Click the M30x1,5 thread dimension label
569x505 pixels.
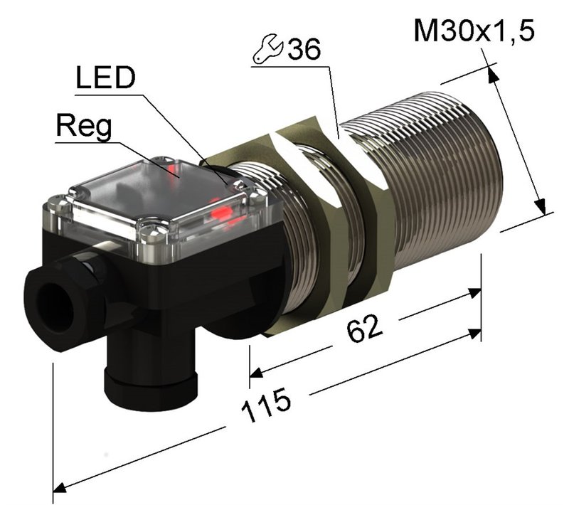(x=474, y=31)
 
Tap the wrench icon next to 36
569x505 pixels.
(x=268, y=49)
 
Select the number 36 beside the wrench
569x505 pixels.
(x=304, y=49)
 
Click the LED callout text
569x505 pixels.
(x=105, y=78)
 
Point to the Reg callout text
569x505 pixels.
(x=84, y=126)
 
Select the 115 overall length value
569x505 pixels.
(x=266, y=405)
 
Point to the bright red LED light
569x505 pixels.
(x=222, y=212)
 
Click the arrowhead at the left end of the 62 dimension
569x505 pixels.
(x=256, y=373)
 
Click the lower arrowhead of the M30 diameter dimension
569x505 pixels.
(x=541, y=206)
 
